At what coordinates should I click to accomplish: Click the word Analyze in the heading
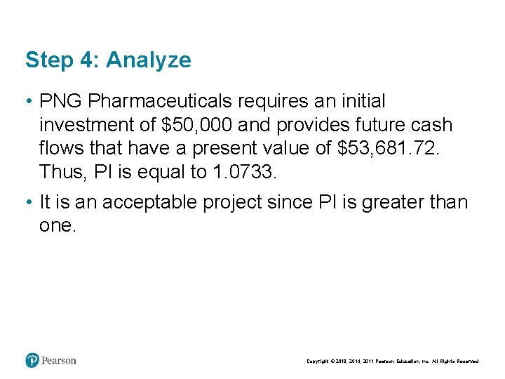coord(148,60)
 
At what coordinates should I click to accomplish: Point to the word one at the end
coord(58,225)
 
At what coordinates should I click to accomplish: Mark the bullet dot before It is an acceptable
coord(29,203)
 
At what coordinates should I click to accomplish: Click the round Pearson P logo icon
coord(32,361)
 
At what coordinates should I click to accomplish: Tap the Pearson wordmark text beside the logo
coord(59,361)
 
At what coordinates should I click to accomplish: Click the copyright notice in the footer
coord(392,361)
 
